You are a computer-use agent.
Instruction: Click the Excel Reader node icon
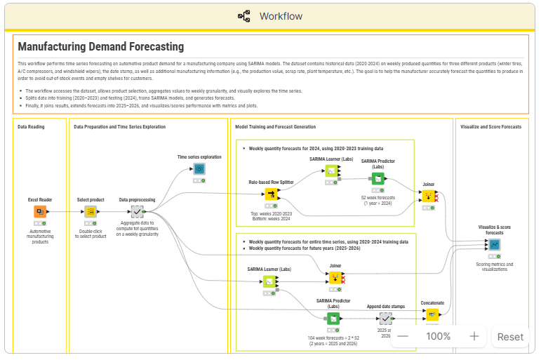coord(41,211)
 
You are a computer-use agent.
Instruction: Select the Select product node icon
coord(91,211)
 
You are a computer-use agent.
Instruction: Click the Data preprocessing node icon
coord(138,211)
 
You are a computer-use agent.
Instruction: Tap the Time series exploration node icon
coord(199,169)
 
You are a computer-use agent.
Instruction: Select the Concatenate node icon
coord(432,314)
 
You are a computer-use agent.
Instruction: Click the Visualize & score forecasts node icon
coord(495,244)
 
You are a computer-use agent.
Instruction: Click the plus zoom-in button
coord(474,336)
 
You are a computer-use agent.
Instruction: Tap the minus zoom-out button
coord(403,336)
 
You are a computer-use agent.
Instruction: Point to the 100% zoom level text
coord(439,336)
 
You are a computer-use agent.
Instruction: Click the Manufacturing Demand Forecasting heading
coord(100,47)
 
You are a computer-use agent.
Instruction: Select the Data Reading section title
coord(33,127)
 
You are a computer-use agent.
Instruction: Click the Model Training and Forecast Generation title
coord(275,127)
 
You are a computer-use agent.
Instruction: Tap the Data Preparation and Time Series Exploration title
coord(120,127)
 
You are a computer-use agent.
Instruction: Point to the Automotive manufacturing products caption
coord(40,236)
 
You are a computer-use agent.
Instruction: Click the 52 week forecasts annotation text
coord(378,200)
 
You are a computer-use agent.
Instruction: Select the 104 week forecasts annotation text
coord(333,341)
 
